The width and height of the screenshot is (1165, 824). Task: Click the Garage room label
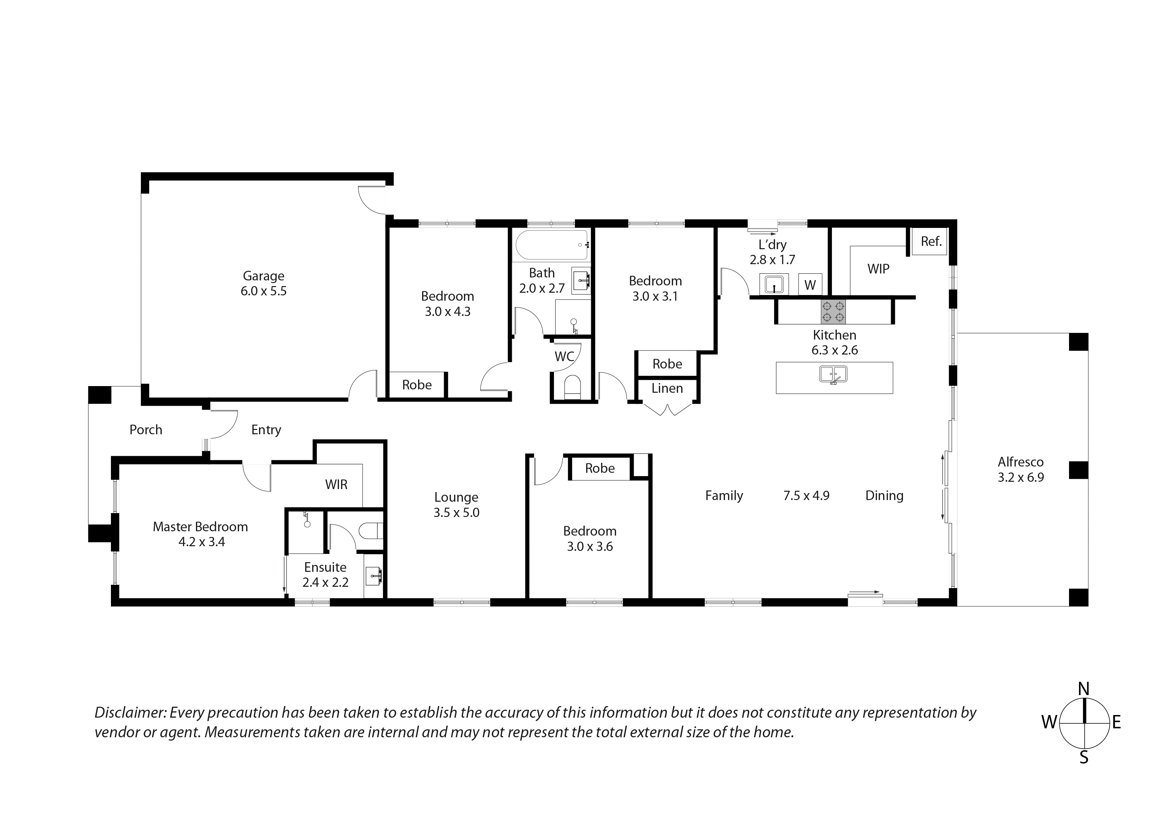click(x=263, y=276)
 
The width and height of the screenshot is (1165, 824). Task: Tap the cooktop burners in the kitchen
click(x=833, y=312)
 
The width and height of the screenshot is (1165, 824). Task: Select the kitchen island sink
click(x=833, y=375)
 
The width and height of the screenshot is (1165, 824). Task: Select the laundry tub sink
click(x=774, y=284)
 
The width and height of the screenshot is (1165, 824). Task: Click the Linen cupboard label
click(x=667, y=388)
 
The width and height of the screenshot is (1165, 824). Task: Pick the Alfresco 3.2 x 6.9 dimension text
click(x=1021, y=477)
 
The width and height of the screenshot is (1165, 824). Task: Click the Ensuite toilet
click(x=370, y=531)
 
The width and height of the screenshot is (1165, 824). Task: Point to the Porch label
click(x=145, y=430)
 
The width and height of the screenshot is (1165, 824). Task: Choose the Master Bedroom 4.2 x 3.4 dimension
click(x=202, y=542)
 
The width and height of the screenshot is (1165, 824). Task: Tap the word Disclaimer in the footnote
click(x=130, y=713)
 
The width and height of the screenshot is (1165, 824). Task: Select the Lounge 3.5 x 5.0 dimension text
click(x=456, y=513)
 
